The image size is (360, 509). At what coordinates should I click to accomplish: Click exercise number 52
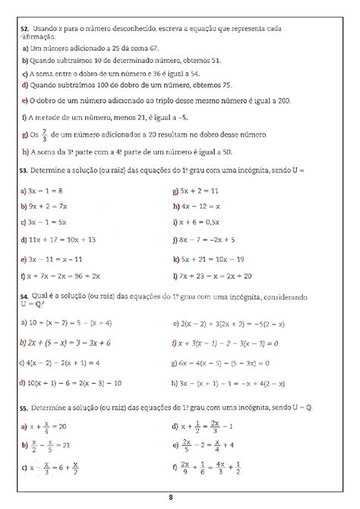click(25, 29)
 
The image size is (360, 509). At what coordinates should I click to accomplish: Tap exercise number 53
click(25, 171)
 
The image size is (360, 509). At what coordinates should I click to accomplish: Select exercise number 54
click(25, 299)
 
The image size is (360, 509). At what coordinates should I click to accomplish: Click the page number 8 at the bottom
click(172, 498)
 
